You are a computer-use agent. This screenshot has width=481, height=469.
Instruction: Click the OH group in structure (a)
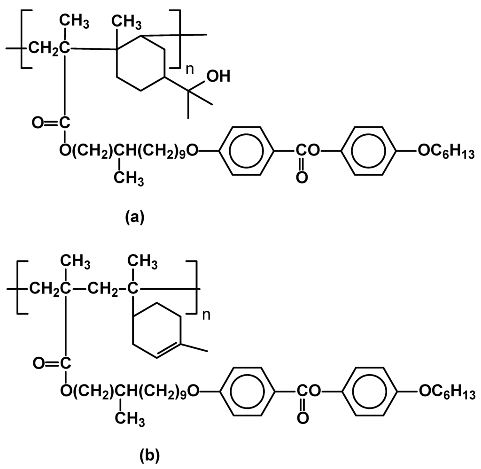tap(218, 77)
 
